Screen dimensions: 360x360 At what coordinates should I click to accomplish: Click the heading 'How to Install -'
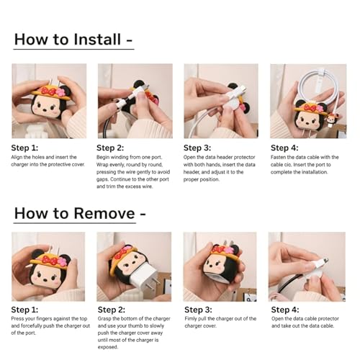click(73, 40)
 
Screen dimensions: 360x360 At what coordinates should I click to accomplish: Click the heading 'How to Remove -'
click(80, 213)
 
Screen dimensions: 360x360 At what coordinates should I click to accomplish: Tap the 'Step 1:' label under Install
click(24, 148)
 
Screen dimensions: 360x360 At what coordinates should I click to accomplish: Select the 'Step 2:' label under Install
click(110, 148)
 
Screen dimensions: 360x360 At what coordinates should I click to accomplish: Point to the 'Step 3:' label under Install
click(197, 148)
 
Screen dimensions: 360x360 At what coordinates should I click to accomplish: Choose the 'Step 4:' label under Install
click(284, 148)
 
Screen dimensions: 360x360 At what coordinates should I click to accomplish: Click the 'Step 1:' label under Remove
click(24, 310)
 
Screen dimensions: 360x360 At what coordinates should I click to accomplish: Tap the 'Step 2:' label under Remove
click(112, 310)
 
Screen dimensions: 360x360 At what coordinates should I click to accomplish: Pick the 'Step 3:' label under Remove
click(198, 310)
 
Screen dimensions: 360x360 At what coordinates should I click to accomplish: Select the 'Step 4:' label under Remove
click(285, 310)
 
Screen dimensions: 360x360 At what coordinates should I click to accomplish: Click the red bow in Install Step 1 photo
click(49, 91)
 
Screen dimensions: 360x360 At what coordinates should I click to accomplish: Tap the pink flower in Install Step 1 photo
click(60, 91)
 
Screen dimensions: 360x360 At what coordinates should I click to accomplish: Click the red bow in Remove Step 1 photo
click(50, 261)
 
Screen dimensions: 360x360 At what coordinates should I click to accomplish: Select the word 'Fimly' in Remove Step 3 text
click(190, 319)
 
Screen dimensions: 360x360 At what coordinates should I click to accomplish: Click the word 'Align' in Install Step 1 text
click(17, 158)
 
